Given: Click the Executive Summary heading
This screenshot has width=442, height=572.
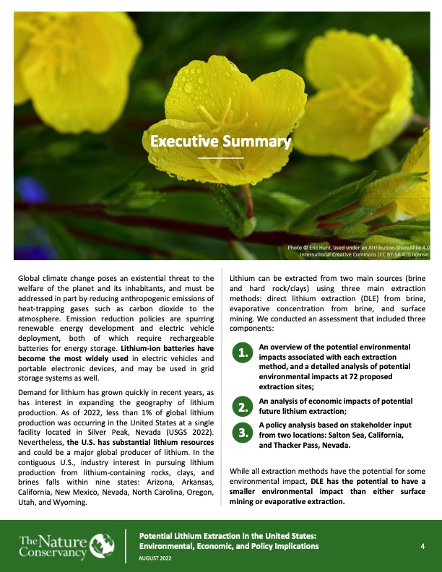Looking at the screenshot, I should [221, 142].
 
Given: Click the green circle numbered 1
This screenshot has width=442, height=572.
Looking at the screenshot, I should [243, 352].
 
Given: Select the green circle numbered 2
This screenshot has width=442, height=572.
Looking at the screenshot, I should [243, 407].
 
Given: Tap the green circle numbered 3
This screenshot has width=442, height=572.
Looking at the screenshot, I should [243, 433].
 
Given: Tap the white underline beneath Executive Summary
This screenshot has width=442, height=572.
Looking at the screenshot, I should [221, 157].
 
